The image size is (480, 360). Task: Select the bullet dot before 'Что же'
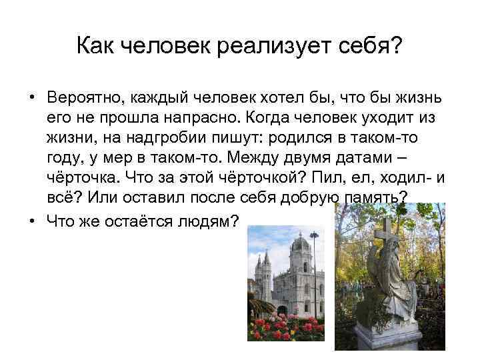pyautogui.click(x=32, y=221)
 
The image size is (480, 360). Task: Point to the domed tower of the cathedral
pyautogui.click(x=299, y=250)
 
